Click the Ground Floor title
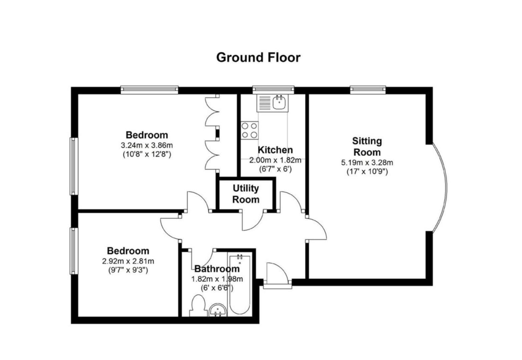[258, 57]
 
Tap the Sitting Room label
[367, 147]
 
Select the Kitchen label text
[275, 150]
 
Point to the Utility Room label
[246, 194]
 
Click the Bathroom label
[217, 269]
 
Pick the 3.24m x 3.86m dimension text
[147, 145]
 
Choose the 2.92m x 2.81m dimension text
[128, 261]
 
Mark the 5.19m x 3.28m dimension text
[367, 163]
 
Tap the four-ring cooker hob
[249, 130]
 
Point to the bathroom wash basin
[218, 311]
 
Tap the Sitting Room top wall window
[368, 89]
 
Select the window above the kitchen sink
[273, 89]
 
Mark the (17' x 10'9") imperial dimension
[367, 172]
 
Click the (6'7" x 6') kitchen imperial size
[275, 169]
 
